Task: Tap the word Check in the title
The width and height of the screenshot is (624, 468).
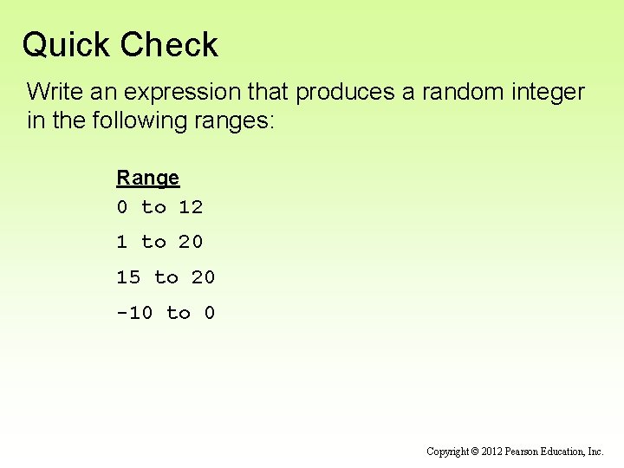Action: [x=170, y=45]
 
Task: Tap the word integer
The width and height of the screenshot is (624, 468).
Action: [x=546, y=92]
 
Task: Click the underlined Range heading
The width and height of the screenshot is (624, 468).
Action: [x=148, y=178]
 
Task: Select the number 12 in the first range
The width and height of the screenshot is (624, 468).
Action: [x=191, y=207]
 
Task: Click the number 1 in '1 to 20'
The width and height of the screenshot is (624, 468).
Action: [x=122, y=242]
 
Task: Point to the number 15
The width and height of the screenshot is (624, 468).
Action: [x=128, y=277]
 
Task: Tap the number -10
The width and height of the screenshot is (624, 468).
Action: [x=134, y=313]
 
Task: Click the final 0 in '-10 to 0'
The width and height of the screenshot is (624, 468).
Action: [x=210, y=313]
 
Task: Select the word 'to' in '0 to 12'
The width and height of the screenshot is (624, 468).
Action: [x=153, y=207]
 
